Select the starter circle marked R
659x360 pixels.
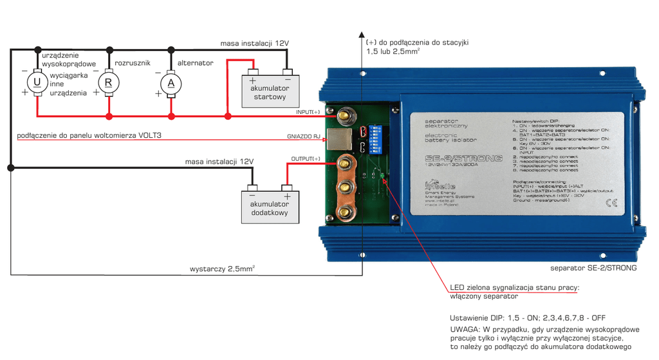[108, 82]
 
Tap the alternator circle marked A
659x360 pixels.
[171, 82]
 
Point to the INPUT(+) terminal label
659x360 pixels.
[308, 112]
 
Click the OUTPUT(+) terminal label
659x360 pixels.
[306, 158]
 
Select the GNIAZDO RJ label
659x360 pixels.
[303, 137]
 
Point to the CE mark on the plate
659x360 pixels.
[611, 204]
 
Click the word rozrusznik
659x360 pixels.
[132, 62]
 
